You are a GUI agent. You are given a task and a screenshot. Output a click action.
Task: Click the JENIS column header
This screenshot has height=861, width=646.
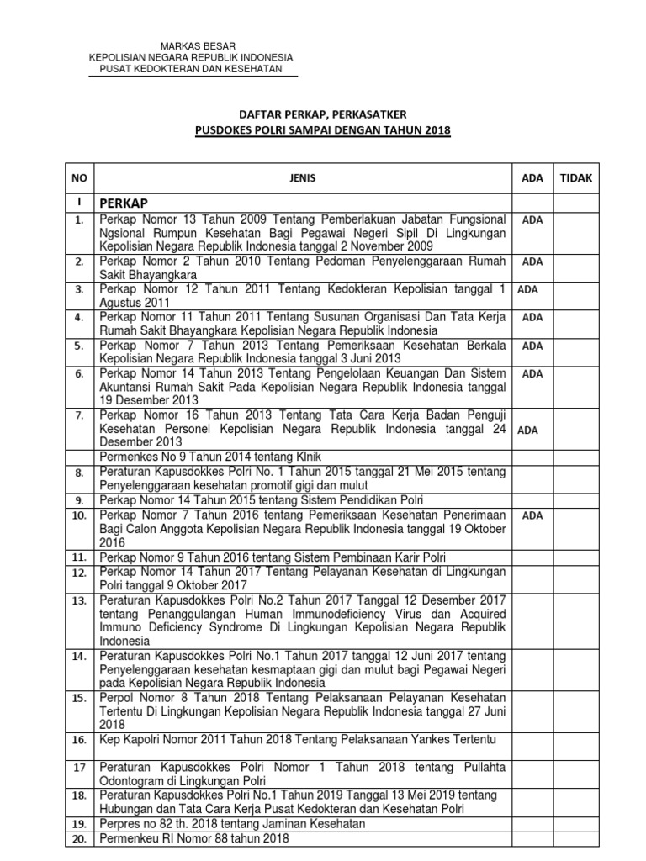tap(306, 178)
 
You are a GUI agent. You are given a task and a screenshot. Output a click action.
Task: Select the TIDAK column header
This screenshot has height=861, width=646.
tap(576, 178)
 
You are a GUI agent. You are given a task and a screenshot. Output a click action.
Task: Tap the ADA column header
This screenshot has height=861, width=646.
tap(532, 178)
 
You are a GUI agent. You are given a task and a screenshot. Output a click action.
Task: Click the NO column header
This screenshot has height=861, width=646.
tap(78, 178)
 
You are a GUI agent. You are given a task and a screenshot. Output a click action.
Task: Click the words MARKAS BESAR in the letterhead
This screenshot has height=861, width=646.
tap(198, 45)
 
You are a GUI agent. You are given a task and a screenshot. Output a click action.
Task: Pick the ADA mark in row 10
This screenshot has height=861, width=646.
tap(532, 515)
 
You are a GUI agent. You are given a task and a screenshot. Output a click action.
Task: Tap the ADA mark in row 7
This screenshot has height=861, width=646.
tap(527, 430)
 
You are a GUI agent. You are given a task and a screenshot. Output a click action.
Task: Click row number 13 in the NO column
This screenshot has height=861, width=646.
tap(78, 600)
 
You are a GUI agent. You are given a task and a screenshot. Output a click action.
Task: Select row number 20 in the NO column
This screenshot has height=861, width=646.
tap(78, 838)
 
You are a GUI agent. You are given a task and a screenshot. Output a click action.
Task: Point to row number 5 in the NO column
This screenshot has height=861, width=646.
tap(78, 346)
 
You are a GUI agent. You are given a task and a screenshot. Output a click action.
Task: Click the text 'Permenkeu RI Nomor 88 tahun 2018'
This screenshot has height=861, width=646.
tap(194, 838)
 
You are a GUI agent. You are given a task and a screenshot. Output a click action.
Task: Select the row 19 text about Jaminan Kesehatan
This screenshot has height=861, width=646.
tap(232, 824)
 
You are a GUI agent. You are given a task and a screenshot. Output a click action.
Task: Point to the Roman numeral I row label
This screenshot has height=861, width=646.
tap(78, 203)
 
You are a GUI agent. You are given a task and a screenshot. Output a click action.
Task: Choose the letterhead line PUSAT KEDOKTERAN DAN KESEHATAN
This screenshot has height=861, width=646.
tap(198, 68)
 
